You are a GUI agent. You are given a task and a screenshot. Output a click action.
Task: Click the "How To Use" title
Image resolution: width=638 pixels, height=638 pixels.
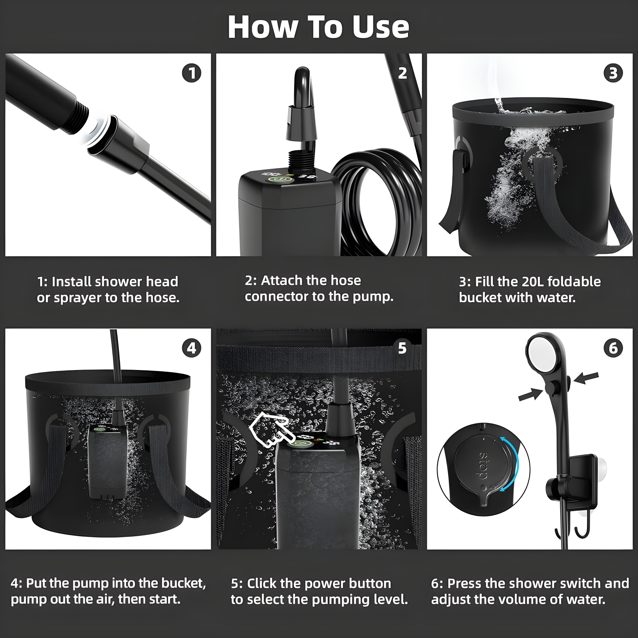pos(318,27)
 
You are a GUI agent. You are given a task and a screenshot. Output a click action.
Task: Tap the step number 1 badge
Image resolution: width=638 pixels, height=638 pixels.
pos(191,73)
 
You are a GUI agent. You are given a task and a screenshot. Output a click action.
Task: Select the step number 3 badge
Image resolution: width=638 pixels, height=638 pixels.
pos(613,73)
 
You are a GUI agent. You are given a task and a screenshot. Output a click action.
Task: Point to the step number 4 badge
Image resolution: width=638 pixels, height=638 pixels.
pos(191,348)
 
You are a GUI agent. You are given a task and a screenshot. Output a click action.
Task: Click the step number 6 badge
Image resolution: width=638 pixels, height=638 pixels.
pos(613,348)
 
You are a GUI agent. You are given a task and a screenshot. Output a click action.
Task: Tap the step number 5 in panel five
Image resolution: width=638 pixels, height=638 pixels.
pos(402,348)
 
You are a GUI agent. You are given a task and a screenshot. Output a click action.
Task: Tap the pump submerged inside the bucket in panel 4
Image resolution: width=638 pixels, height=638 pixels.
pos(107,462)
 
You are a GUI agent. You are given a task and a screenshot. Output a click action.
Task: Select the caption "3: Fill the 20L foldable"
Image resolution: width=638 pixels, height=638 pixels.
pos(530,282)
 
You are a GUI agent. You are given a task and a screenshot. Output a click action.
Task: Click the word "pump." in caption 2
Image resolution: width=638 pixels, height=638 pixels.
pos(373,297)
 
